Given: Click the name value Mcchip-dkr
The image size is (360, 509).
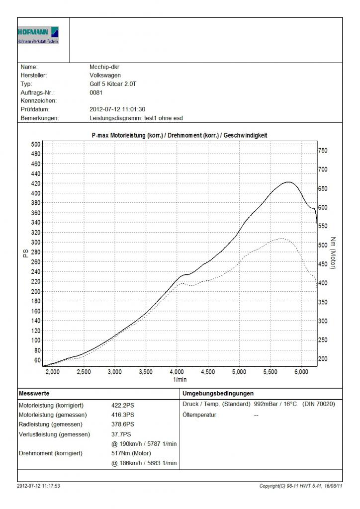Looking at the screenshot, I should (x=104, y=67).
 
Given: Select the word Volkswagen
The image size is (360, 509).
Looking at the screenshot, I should (x=105, y=75).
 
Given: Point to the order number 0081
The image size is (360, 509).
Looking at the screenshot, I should (x=96, y=92).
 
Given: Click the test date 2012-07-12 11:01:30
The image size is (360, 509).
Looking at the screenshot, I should (x=117, y=109).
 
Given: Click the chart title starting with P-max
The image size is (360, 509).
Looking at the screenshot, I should (x=180, y=135).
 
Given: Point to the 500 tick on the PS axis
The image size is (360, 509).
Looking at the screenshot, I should (x=35, y=144).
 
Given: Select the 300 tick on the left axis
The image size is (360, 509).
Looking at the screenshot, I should (x=35, y=242).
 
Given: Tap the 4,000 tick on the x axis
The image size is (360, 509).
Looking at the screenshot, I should (x=177, y=372).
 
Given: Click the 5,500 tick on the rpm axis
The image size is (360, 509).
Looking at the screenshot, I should (x=270, y=372).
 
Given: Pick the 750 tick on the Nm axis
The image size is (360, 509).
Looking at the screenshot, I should (x=323, y=151).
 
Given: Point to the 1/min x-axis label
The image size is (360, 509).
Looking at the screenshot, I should (x=180, y=379).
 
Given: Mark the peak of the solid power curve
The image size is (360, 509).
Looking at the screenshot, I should (x=288, y=182).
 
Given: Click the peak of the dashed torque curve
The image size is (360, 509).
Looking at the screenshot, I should (x=282, y=239).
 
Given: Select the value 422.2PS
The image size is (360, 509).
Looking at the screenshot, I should (x=123, y=405).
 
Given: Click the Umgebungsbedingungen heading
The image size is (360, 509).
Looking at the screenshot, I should (x=218, y=393).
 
